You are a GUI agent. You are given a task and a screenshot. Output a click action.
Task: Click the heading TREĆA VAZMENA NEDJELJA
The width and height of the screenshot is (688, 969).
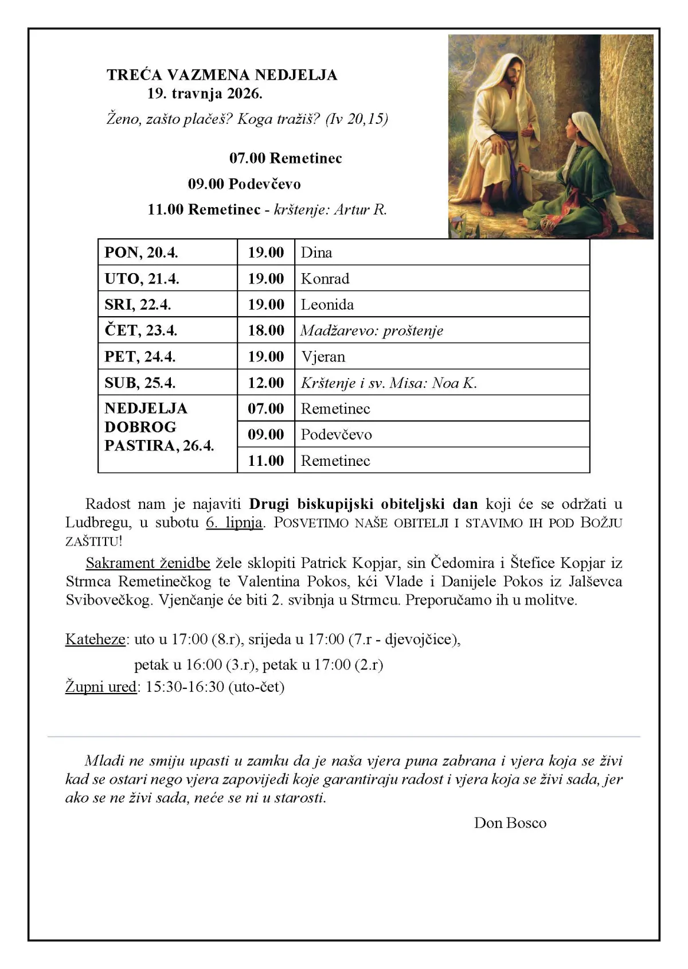pos(222,75)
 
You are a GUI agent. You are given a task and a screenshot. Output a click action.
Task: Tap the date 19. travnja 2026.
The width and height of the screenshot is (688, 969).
pos(205,93)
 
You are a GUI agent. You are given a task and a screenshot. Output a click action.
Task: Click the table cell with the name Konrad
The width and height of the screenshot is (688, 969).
pos(325,279)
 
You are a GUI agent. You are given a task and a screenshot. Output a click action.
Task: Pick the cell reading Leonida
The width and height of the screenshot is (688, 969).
pos(327,305)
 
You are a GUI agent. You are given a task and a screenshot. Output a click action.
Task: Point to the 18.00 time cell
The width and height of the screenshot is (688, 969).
pos(266,330)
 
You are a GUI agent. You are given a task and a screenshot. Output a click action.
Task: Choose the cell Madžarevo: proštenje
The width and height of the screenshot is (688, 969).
pos(372,331)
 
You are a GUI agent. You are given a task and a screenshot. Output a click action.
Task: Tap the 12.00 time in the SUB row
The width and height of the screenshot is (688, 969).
pos(266,383)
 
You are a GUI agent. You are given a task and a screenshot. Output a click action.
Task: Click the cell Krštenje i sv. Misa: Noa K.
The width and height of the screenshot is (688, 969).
pos(389,383)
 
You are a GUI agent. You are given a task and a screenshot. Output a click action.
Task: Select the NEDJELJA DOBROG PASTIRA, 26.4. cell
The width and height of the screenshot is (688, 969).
pos(159,427)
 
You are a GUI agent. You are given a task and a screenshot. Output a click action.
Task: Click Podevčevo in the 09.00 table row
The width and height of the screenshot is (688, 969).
pos(337,434)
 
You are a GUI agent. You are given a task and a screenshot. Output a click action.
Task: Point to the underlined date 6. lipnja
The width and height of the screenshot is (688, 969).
pos(234,522)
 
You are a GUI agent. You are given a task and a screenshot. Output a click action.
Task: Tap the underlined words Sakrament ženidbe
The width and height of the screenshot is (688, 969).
pos(148,563)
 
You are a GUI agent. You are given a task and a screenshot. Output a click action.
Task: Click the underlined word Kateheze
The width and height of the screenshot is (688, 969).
pos(95,639)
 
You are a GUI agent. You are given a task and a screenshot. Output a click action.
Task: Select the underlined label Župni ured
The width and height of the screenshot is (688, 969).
pos(101,686)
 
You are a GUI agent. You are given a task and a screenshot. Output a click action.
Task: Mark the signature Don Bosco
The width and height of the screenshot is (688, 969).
pos(510,823)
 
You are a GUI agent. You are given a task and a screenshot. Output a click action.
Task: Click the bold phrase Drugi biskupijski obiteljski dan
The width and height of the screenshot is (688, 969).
pos(363,504)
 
